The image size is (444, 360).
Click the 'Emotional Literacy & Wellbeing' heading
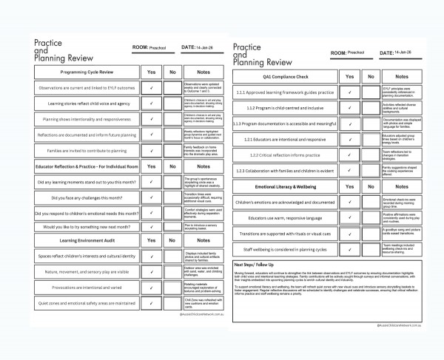(x=284, y=187)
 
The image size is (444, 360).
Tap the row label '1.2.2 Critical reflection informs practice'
(x=284, y=155)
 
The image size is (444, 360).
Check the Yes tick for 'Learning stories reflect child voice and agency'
(x=151, y=103)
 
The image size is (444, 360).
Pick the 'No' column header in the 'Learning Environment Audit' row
(x=172, y=240)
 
